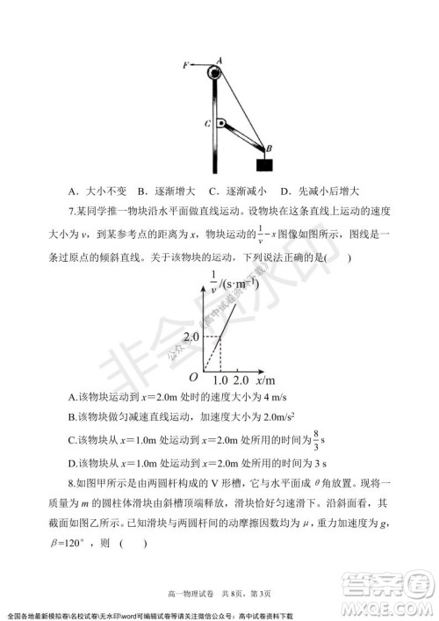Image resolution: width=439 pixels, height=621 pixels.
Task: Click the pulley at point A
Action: pos(215,72)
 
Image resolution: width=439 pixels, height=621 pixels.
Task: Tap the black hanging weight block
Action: pos(264,165)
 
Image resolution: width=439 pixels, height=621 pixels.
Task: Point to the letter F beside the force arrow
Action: pos(186,65)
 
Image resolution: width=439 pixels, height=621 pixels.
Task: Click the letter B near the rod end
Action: pos(270,148)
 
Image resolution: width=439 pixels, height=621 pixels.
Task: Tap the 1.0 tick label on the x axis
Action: pos(220,381)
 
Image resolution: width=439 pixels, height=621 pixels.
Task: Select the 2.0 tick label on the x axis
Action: pos(244,381)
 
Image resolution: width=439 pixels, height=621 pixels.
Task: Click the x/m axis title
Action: pos(266,380)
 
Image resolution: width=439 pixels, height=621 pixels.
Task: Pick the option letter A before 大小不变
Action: pos(70,191)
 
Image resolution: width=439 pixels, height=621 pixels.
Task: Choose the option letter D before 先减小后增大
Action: pos(284,191)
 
